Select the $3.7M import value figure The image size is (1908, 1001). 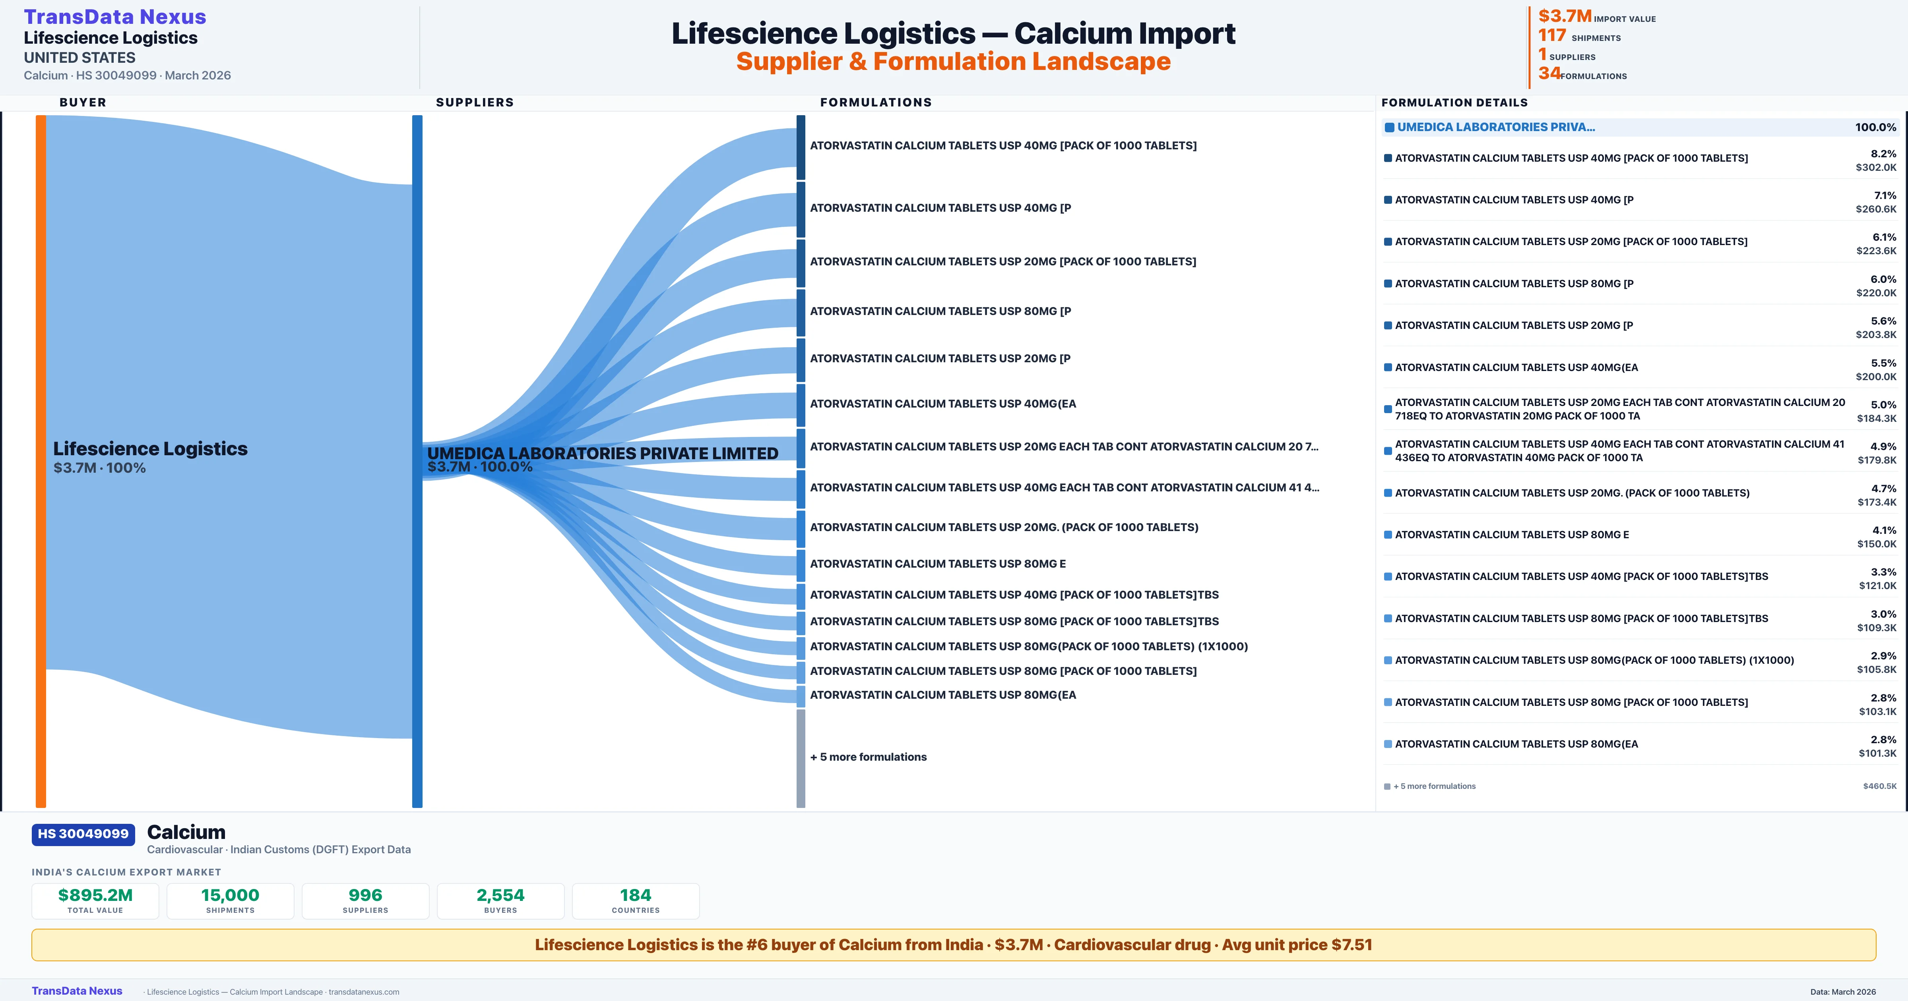tap(1564, 16)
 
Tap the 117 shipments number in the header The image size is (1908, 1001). tap(1552, 35)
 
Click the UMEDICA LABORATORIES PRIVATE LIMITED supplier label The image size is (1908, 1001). tap(602, 453)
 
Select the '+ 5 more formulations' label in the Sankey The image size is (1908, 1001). tap(868, 757)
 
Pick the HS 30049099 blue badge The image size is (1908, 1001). tap(83, 834)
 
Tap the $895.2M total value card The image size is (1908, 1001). tap(95, 901)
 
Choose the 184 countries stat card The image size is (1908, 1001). tap(636, 901)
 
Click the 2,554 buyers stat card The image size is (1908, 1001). tap(501, 901)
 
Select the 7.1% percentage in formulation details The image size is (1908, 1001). tap(1885, 195)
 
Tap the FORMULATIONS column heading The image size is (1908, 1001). tap(875, 102)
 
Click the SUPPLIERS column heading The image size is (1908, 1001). tap(475, 102)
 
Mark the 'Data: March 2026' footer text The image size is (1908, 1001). tap(1843, 991)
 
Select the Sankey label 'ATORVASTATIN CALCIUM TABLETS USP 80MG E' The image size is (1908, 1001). tap(938, 563)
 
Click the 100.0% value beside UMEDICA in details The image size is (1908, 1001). tap(1875, 128)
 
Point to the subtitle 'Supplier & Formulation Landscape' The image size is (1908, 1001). tap(953, 62)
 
